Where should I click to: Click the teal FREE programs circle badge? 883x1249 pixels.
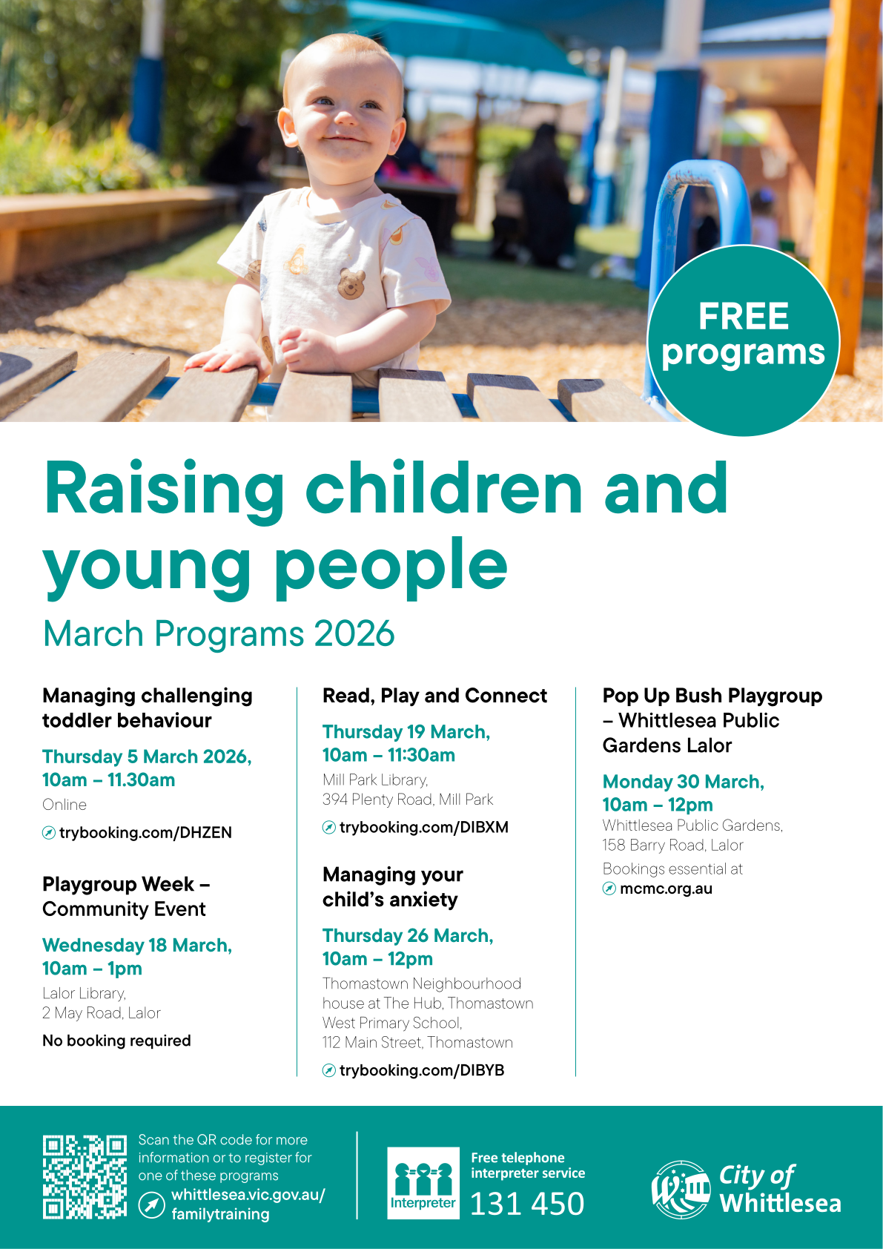(x=743, y=340)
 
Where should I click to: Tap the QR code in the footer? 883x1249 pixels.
(x=85, y=1176)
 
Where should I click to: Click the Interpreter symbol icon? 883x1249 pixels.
(x=423, y=1183)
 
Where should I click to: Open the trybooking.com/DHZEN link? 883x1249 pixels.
(x=145, y=832)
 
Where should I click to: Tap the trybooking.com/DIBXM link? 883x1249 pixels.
(x=423, y=827)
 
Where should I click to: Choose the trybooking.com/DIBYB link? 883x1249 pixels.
(x=421, y=1070)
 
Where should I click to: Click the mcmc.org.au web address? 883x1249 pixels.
(x=667, y=889)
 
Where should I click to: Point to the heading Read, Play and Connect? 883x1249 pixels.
(x=434, y=696)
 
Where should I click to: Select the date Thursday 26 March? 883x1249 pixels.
(x=408, y=935)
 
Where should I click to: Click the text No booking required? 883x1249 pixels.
(x=116, y=1041)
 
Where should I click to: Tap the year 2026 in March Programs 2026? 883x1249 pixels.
(x=354, y=633)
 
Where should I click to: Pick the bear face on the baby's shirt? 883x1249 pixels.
(x=351, y=283)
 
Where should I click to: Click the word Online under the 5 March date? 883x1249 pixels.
(x=65, y=805)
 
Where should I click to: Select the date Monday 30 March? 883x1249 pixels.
(x=684, y=782)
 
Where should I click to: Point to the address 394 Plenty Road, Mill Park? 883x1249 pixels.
(x=408, y=800)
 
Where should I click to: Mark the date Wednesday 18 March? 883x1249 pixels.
(x=137, y=945)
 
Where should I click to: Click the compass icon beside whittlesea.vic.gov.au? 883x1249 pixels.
(x=152, y=1205)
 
